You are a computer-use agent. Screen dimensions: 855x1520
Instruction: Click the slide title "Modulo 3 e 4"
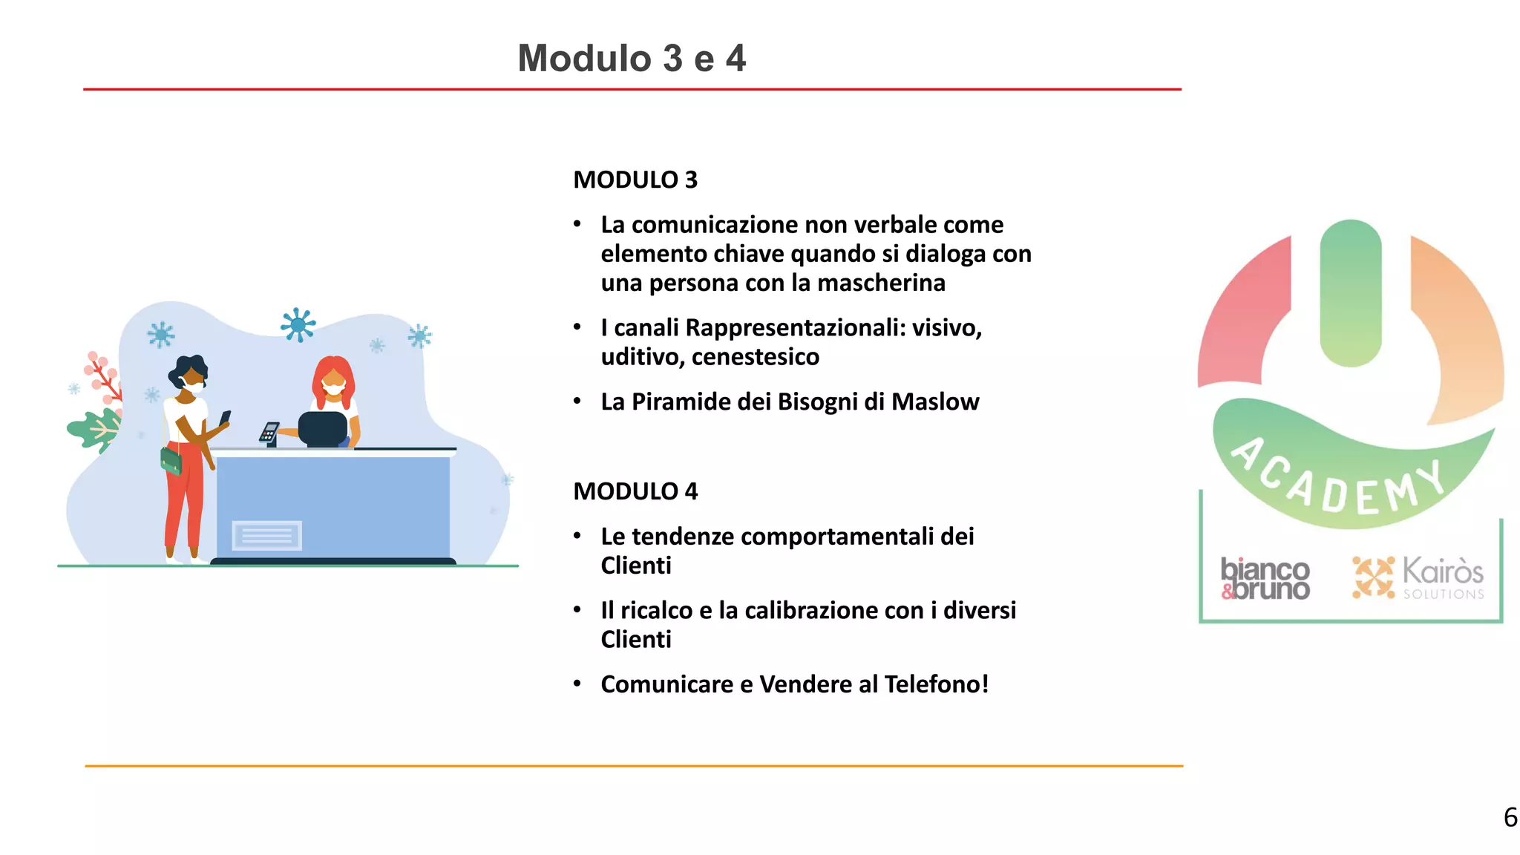pyautogui.click(x=632, y=58)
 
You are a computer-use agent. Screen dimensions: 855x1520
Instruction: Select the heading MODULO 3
pyautogui.click(x=635, y=180)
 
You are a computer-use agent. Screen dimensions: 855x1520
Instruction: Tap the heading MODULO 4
pyautogui.click(x=635, y=491)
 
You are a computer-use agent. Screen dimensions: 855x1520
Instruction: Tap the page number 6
pyautogui.click(x=1510, y=817)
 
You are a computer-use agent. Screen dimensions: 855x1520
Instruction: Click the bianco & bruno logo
pyautogui.click(x=1265, y=579)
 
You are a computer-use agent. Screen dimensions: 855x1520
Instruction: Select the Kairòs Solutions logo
pyautogui.click(x=1418, y=577)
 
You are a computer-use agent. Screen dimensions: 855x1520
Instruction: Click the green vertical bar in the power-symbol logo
pyautogui.click(x=1351, y=293)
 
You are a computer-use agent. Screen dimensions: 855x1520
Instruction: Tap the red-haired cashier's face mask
pyautogui.click(x=333, y=389)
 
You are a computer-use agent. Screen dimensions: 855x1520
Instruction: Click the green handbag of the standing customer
pyautogui.click(x=171, y=460)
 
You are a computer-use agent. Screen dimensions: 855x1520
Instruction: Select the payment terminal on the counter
pyautogui.click(x=269, y=433)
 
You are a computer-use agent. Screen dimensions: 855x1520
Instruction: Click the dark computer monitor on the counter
pyautogui.click(x=323, y=428)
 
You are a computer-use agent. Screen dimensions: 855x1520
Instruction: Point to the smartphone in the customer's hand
pyautogui.click(x=225, y=418)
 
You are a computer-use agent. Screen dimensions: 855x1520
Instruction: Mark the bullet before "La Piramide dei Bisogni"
pyautogui.click(x=577, y=402)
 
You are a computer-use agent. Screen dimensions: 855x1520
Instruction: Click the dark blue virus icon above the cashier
pyautogui.click(x=298, y=325)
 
